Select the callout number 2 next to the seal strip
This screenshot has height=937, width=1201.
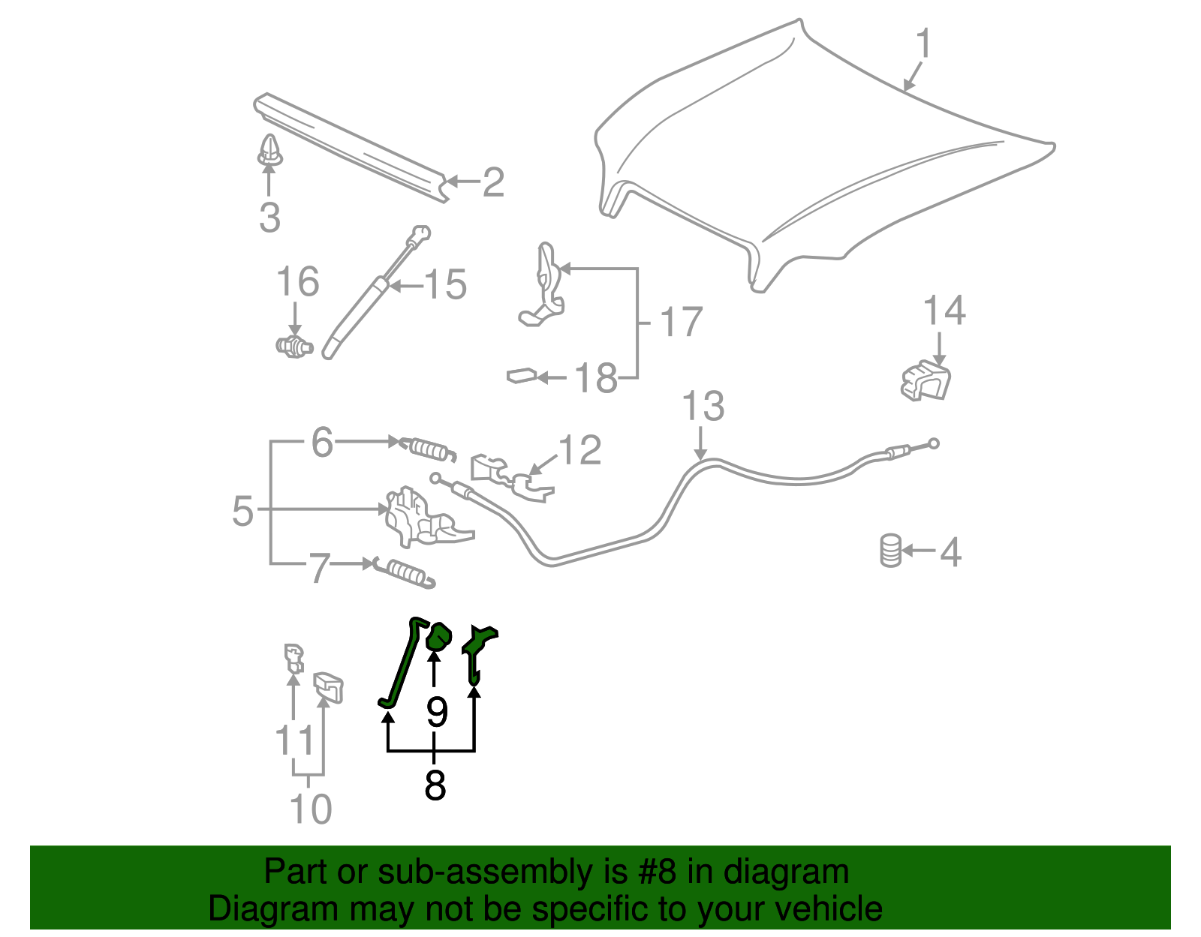coord(493,182)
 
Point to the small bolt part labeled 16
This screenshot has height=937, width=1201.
coord(294,346)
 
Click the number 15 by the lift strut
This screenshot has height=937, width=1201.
coord(446,285)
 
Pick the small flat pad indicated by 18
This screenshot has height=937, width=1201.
coord(521,374)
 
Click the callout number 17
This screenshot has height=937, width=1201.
coord(681,323)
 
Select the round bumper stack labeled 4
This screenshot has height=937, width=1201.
coord(890,551)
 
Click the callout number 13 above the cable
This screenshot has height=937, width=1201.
coord(703,407)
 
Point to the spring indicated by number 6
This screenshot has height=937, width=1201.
coord(427,449)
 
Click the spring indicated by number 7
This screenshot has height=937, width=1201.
coord(405,573)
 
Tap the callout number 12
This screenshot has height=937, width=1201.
coord(580,450)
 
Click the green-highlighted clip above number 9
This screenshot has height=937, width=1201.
coord(438,638)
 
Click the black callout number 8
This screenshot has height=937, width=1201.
coord(435,785)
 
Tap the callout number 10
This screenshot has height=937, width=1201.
coord(310,809)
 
